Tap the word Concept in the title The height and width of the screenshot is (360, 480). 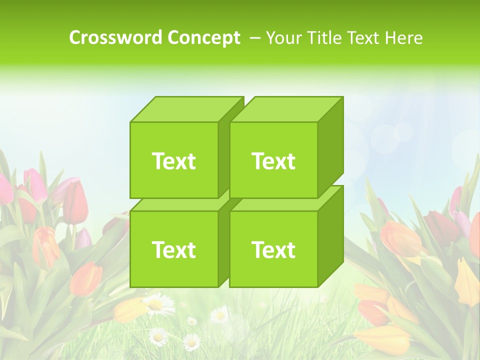[203, 38]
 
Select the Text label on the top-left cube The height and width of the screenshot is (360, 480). [173, 161]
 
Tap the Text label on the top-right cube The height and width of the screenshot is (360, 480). [273, 161]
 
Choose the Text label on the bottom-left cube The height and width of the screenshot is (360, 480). [173, 249]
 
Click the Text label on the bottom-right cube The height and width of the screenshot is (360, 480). [273, 249]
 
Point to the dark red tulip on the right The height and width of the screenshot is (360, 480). [440, 225]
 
